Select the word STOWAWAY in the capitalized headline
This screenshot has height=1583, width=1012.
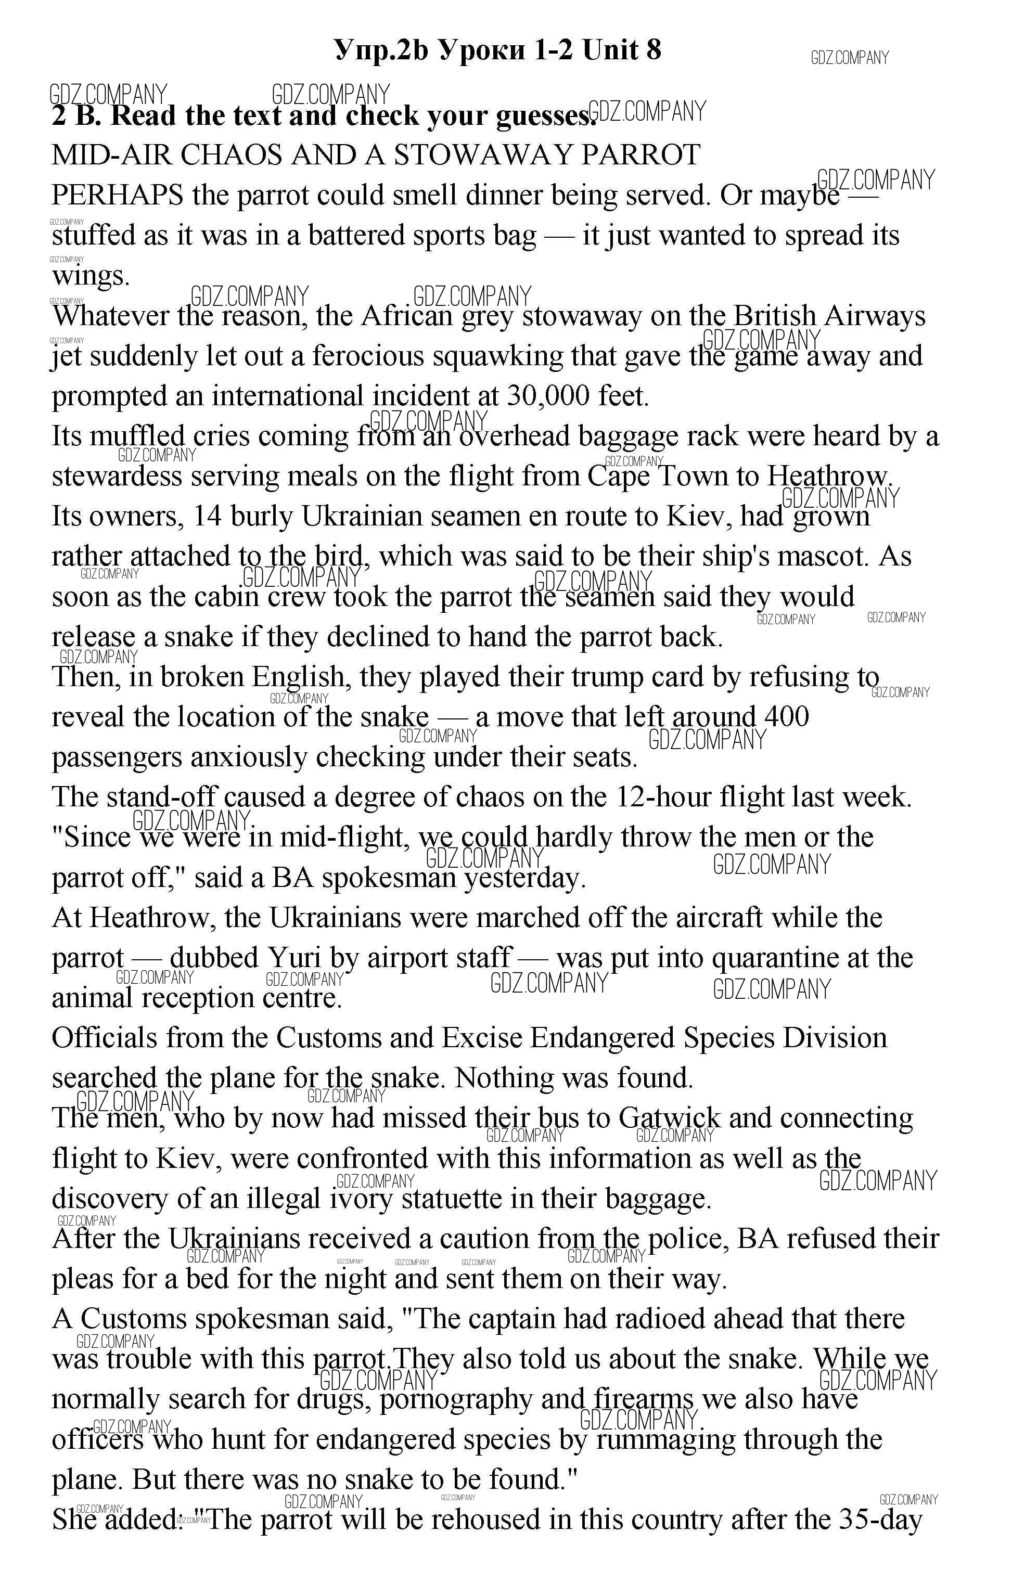click(x=483, y=155)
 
